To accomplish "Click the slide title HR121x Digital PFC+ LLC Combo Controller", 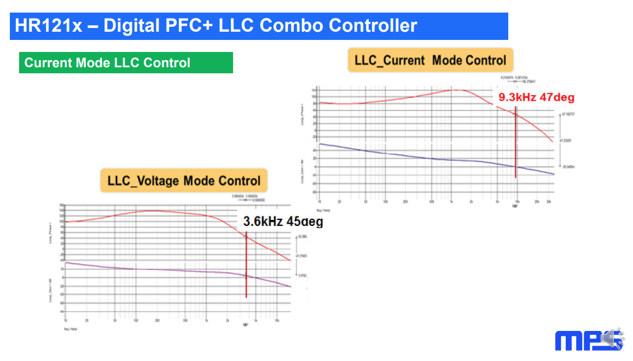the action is [216, 26].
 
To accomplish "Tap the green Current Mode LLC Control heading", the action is [107, 63].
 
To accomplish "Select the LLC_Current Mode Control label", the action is [430, 60].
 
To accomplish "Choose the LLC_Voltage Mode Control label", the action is [184, 180].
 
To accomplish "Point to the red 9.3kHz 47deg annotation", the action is [536, 97].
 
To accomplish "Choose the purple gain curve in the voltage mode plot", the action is [137, 269].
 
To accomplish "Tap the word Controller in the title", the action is [375, 26].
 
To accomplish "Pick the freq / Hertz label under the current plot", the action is [323, 209].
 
